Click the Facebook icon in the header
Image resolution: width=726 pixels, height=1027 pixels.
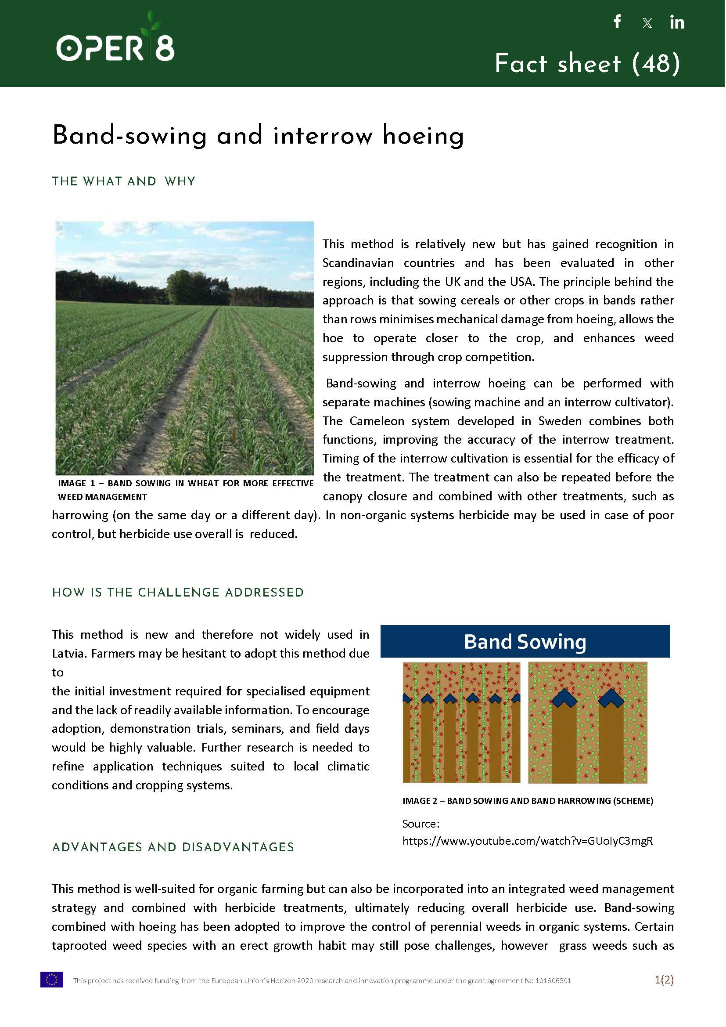618,22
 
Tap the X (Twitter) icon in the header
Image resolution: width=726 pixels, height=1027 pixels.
647,23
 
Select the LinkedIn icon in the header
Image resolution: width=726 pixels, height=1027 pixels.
677,22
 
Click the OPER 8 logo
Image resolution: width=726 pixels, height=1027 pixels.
115,43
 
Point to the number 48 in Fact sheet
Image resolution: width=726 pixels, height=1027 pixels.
656,63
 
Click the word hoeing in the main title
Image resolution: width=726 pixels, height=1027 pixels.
423,136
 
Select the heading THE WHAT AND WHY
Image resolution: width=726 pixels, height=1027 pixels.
123,181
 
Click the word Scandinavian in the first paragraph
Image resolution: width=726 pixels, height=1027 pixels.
358,263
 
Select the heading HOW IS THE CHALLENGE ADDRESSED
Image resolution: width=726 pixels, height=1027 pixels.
177,592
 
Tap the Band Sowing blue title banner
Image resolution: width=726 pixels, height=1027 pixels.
525,641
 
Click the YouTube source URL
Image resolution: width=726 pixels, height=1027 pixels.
528,841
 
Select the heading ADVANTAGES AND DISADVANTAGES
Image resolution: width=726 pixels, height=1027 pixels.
173,847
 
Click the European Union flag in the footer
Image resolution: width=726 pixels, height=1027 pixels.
51,980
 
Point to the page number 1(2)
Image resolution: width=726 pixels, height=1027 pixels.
664,980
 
